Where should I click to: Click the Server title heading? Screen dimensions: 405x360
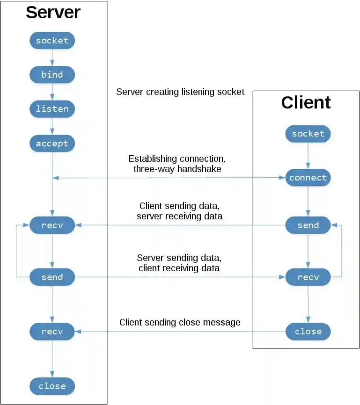point(53,13)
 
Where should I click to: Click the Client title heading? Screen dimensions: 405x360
point(306,102)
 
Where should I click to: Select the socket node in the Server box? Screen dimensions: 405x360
point(52,41)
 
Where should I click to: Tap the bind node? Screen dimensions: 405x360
point(52,75)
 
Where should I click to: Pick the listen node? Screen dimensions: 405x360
point(52,109)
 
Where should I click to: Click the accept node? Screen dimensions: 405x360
point(52,144)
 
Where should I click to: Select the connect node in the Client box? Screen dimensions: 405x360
point(308,178)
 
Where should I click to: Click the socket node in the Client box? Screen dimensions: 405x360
point(308,134)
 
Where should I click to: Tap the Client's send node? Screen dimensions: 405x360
point(308,225)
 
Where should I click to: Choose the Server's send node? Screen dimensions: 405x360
point(52,277)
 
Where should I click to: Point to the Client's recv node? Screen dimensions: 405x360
point(308,277)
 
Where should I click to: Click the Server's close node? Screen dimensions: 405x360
point(52,386)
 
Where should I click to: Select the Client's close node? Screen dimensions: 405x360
point(308,332)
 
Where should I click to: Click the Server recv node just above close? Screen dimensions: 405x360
point(52,332)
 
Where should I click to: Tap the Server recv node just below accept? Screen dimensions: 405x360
point(52,225)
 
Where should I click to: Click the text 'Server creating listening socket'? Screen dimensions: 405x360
point(180,92)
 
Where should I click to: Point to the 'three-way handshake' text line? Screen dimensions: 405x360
point(177,169)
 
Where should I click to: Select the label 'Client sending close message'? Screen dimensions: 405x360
point(180,322)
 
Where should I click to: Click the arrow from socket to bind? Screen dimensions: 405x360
point(52,58)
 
